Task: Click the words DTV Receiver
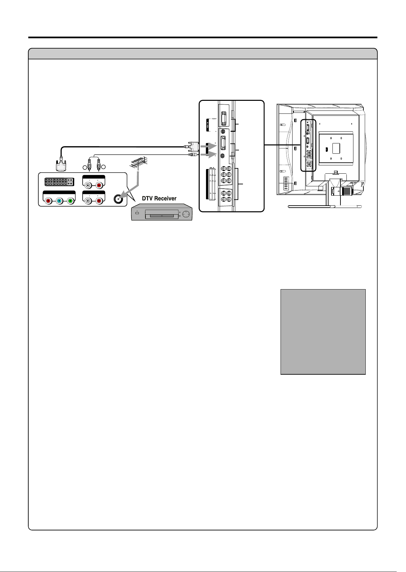(x=159, y=198)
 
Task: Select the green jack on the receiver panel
(x=70, y=201)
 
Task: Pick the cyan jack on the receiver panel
(x=59, y=201)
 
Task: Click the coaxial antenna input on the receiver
(x=118, y=199)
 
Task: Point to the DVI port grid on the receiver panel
(x=59, y=182)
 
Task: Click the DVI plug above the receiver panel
(x=61, y=165)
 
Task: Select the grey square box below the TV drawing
(x=323, y=332)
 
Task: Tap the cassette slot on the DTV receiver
(x=162, y=216)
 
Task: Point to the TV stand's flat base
(x=324, y=207)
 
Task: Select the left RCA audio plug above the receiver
(x=89, y=164)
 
